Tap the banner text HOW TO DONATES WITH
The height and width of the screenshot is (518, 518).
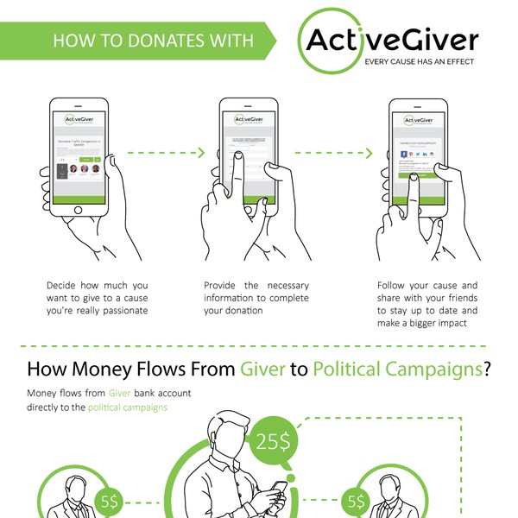coord(153,41)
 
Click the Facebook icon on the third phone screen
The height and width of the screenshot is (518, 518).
coord(404,154)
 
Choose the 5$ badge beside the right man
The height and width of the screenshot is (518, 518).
coord(355,500)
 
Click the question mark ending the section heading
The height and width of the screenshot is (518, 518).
coord(488,370)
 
